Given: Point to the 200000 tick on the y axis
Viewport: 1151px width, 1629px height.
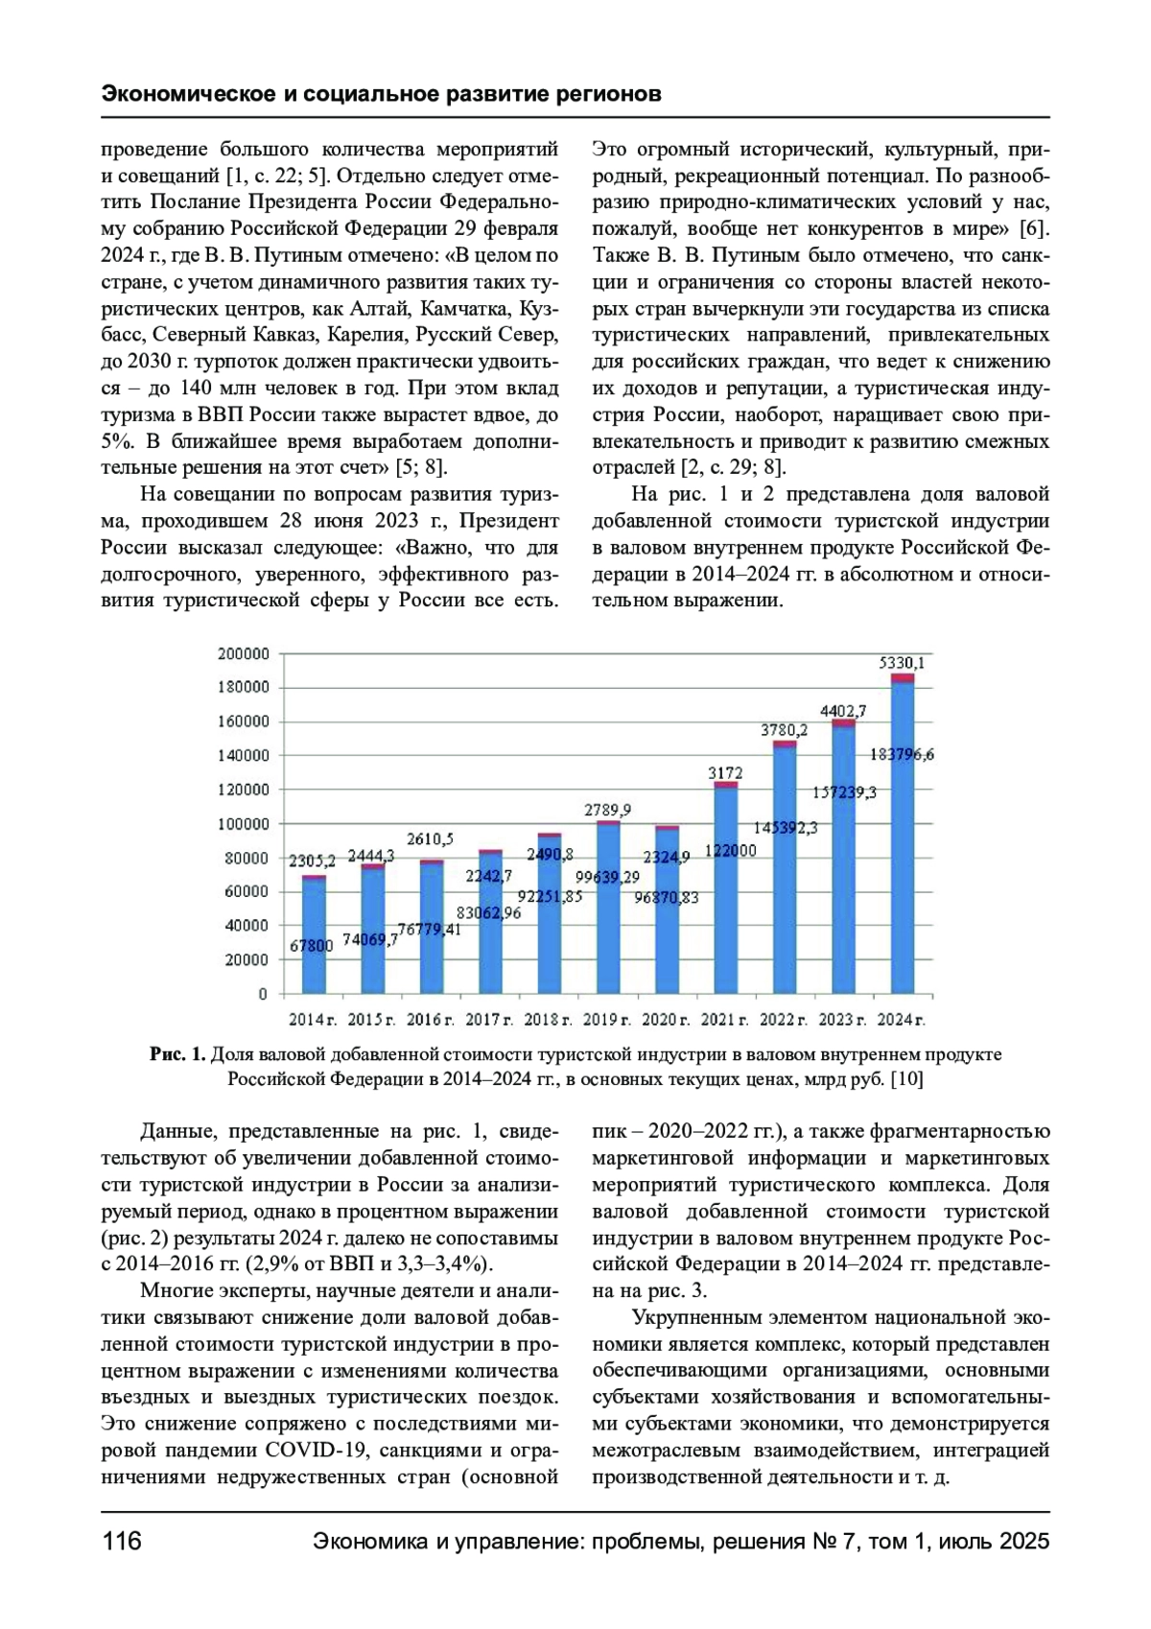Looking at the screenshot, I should pos(244,654).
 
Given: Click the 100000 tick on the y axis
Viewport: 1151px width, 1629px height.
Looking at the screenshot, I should pos(244,824).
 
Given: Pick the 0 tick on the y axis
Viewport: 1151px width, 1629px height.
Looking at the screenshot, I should pos(263,994).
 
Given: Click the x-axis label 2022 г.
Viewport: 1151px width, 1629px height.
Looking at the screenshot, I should pos(785,1020).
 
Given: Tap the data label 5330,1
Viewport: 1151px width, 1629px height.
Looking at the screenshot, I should pos(902,663).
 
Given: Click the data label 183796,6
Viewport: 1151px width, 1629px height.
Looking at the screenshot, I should pos(902,755).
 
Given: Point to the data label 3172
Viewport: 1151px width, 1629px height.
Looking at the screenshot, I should pos(725,772).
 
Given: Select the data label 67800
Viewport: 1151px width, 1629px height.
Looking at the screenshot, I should pos(312,946).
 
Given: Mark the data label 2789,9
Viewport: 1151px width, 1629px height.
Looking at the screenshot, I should pos(608,811).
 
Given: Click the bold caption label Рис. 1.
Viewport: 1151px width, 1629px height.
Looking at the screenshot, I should pos(177,1054).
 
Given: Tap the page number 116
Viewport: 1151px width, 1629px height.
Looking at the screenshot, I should pos(122,1542).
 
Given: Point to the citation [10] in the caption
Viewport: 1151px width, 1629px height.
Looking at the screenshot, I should pos(906,1079).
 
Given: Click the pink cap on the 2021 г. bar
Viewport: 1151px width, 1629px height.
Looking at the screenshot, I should pos(725,785).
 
